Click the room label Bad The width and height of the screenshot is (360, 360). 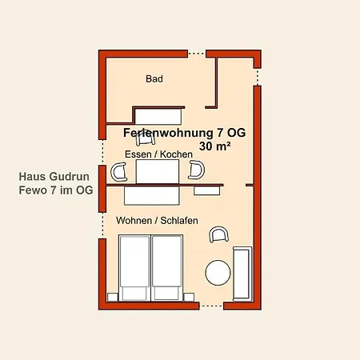[x=154, y=79]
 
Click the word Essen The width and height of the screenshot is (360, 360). [x=138, y=154]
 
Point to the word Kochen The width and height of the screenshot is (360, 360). [x=176, y=154]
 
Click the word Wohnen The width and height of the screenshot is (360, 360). [x=134, y=220]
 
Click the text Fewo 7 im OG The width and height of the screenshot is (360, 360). [x=55, y=190]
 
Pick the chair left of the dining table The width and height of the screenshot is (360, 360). [x=120, y=170]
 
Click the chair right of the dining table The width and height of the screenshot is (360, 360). [x=196, y=170]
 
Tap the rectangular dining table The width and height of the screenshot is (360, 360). [x=157, y=171]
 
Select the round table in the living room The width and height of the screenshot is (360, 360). [x=218, y=273]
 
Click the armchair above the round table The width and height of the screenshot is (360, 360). [x=218, y=234]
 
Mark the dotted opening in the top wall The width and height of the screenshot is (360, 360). [x=196, y=53]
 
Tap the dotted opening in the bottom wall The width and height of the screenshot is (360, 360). [x=211, y=306]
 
